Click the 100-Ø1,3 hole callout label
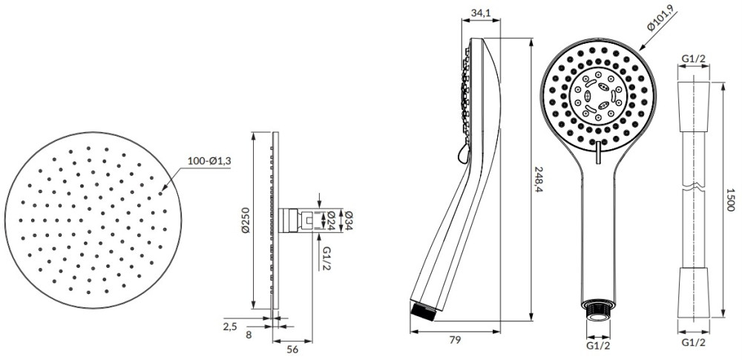coord(209,160)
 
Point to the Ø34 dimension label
coord(349,220)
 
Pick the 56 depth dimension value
coord(293,350)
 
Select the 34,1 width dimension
coord(481,13)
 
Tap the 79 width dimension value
coord(455,339)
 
